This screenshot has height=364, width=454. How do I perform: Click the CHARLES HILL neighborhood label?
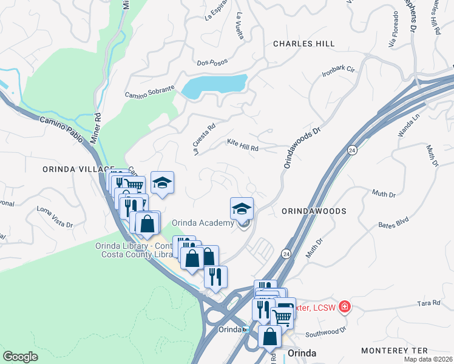tap(303, 44)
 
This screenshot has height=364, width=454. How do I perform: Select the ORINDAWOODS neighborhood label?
tap(314, 211)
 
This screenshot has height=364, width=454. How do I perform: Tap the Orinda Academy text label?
tap(203, 223)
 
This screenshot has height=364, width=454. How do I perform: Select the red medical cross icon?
tap(345, 307)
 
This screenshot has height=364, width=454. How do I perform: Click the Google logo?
tap(20, 357)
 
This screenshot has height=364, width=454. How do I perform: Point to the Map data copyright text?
tap(429, 359)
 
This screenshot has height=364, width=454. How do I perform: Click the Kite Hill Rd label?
tap(243, 144)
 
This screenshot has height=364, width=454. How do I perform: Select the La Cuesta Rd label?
tap(205, 140)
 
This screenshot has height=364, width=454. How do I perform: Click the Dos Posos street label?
tap(211, 62)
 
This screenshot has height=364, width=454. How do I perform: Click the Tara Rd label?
tap(428, 303)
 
